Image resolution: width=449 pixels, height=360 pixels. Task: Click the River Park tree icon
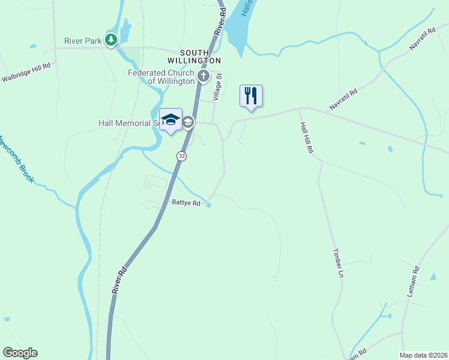[x=111, y=40]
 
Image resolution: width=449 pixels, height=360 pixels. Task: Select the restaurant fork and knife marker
[x=251, y=96]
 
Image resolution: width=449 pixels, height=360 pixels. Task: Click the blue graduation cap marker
[x=171, y=119]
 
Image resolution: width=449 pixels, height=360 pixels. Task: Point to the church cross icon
[x=203, y=76]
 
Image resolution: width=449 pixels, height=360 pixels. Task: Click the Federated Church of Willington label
[x=161, y=77]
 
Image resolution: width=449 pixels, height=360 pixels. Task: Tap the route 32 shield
[x=181, y=156]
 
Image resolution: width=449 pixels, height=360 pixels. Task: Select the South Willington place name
[x=194, y=57]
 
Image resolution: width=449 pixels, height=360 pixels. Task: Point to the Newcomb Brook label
[x=13, y=158]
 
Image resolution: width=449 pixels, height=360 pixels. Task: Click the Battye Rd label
[x=185, y=203]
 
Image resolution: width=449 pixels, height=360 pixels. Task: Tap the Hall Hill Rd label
[x=306, y=139]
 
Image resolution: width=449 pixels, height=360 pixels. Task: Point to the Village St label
[x=219, y=86]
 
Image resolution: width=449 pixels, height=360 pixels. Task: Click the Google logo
[x=20, y=353]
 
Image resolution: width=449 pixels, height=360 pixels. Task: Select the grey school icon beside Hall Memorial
[x=188, y=122]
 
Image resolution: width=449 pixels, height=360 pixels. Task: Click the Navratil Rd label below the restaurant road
[x=343, y=100]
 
